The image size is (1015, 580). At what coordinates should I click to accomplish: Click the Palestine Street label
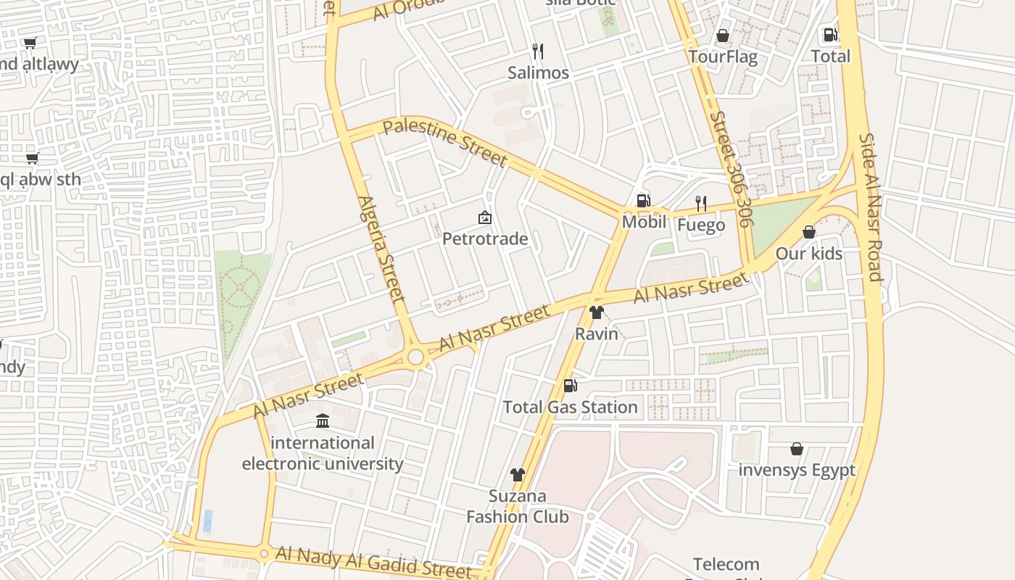tap(444, 142)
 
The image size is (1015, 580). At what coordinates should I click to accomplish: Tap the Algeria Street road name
tap(381, 249)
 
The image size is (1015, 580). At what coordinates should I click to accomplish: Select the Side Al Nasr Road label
tap(869, 207)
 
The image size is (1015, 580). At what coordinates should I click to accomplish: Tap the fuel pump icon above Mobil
tap(643, 201)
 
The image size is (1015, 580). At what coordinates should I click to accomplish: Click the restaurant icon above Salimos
tap(538, 51)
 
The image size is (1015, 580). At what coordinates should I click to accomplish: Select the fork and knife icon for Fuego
tap(700, 203)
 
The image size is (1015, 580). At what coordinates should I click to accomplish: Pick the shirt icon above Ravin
tap(597, 312)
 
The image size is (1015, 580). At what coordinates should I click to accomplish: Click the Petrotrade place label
tap(485, 239)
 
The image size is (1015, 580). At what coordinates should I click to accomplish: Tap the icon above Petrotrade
tap(485, 217)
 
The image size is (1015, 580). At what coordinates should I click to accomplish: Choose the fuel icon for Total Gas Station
tap(571, 386)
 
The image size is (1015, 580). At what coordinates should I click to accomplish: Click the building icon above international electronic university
tap(323, 420)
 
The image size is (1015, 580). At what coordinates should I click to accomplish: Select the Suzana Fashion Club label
tap(517, 506)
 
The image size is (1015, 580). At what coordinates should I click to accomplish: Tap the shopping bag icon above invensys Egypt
tap(797, 449)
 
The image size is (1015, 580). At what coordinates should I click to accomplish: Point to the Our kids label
tap(809, 254)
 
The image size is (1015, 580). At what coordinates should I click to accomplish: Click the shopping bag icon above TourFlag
tap(723, 35)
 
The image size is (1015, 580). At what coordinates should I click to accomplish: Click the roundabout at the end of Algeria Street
tap(415, 357)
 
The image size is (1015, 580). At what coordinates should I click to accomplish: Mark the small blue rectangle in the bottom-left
tap(208, 521)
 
